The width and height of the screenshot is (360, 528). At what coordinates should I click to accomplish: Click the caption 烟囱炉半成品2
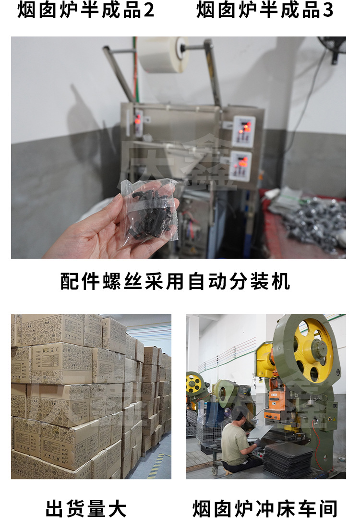point(86,10)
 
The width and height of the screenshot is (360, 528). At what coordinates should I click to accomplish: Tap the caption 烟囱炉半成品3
point(264,10)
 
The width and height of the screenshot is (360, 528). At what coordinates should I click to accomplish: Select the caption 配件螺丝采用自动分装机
point(175,281)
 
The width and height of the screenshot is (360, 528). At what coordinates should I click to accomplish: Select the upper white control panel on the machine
point(243,131)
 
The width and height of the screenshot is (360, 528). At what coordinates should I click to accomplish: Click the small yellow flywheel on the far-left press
point(194,383)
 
